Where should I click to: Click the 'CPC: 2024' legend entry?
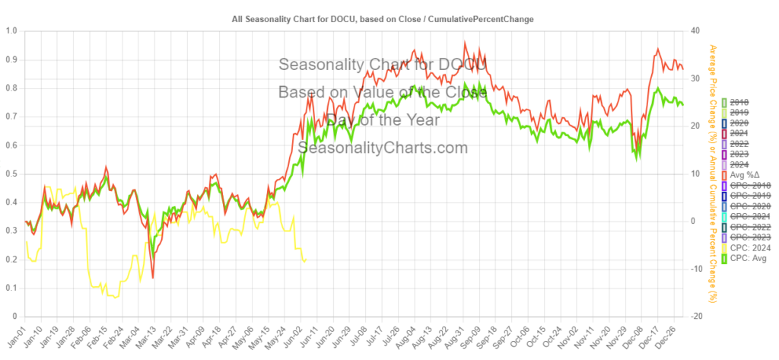coord(746,248)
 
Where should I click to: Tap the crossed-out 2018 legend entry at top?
coord(738,102)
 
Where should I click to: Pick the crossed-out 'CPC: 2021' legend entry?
coord(746,217)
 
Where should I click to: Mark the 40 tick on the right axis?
coord(695,31)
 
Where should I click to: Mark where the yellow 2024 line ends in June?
coord(306,260)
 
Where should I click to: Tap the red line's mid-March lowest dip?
coord(153,277)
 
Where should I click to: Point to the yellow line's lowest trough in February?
coord(116,297)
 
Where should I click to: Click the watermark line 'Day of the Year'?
coord(382,120)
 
